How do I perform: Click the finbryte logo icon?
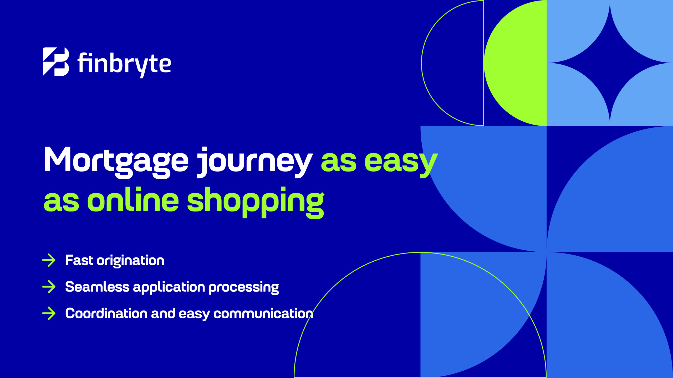click(x=56, y=62)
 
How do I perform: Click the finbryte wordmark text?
click(x=124, y=64)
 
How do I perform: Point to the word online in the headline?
click(x=133, y=200)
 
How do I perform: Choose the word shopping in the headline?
click(x=256, y=202)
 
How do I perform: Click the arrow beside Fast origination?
click(x=49, y=260)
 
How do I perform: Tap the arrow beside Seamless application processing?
click(x=49, y=287)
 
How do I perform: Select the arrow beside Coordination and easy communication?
click(x=49, y=313)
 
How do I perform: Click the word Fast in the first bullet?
click(x=79, y=260)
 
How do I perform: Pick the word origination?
click(x=130, y=261)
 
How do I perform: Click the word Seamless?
click(x=97, y=287)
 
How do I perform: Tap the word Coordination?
click(x=106, y=313)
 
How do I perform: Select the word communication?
click(x=263, y=314)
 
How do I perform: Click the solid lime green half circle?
click(x=515, y=63)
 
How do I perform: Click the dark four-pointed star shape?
click(x=610, y=63)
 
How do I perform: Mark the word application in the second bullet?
click(x=169, y=288)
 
